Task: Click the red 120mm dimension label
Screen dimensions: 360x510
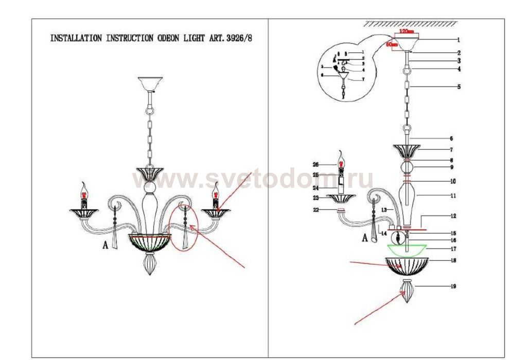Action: click(407, 32)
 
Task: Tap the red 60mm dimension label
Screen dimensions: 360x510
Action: click(392, 44)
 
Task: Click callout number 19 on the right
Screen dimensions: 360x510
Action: click(453, 286)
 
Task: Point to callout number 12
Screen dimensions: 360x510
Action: click(453, 216)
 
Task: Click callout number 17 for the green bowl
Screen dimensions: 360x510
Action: click(453, 248)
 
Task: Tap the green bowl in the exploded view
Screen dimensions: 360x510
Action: click(407, 249)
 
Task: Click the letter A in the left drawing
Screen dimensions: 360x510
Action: click(105, 246)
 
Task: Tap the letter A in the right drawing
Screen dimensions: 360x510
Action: click(365, 238)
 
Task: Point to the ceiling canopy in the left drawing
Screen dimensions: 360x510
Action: click(150, 83)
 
